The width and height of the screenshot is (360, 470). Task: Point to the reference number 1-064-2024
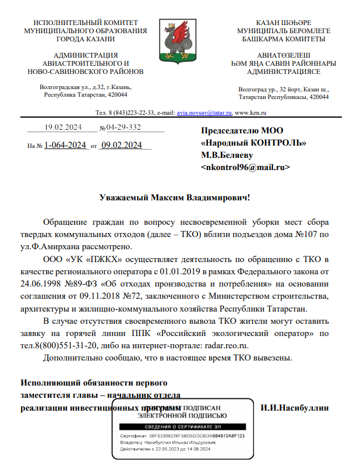(x=65, y=145)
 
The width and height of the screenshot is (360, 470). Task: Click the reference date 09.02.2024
(x=121, y=145)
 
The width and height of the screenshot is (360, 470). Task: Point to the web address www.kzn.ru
(x=251, y=112)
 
